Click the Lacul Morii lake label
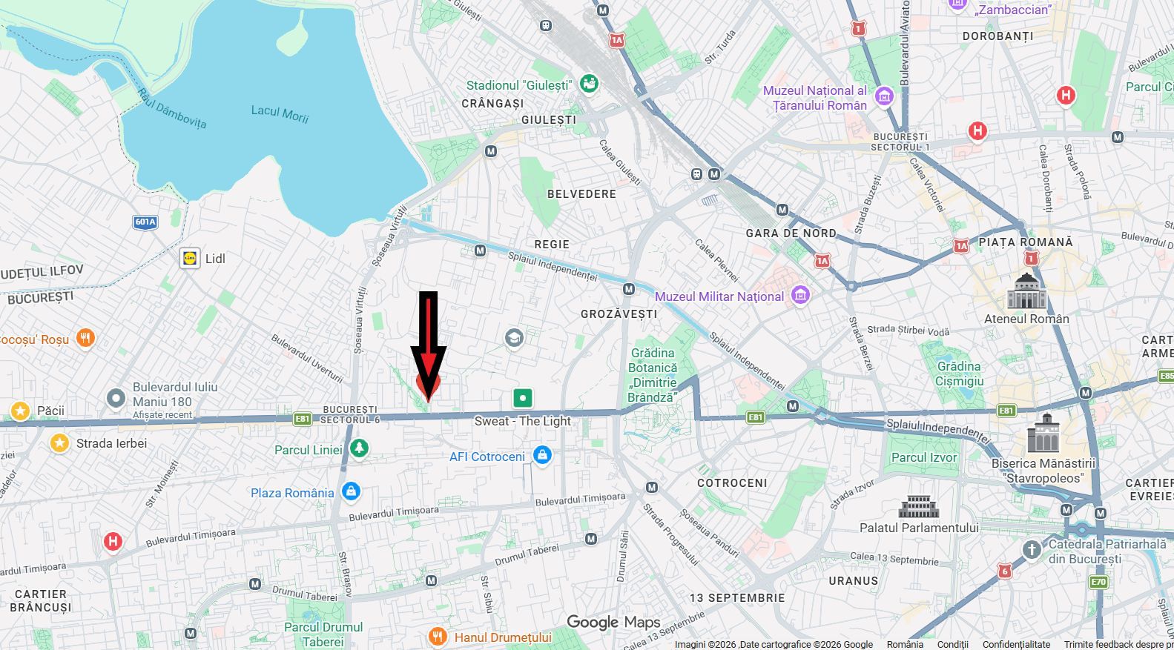[x=280, y=113]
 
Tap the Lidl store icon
[x=191, y=258]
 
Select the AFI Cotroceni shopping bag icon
[x=542, y=455]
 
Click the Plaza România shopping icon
[x=351, y=491]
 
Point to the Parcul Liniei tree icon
[x=359, y=448]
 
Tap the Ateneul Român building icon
[x=1026, y=291]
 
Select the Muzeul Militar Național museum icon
[x=799, y=295]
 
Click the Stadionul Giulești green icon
[x=589, y=84]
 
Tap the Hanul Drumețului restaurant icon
[x=438, y=637]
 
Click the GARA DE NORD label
[x=791, y=233]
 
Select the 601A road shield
[x=145, y=222]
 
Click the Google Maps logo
[x=613, y=622]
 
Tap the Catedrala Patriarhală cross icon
[x=1031, y=550]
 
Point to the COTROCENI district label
[x=732, y=482]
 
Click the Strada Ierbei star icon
[x=59, y=443]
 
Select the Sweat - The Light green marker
[x=523, y=398]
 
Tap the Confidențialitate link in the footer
[x=1016, y=644]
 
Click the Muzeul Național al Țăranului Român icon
[x=883, y=96]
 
